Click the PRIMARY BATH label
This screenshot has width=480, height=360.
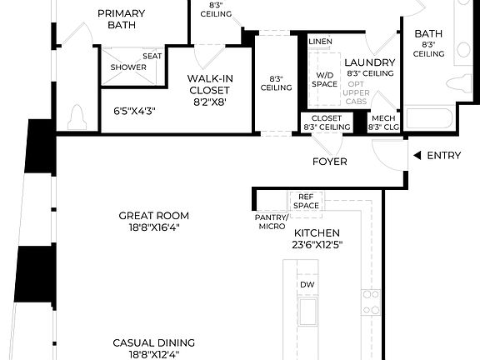point(121,19)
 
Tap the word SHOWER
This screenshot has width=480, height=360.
point(128,67)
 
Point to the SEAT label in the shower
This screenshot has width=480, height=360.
point(152,56)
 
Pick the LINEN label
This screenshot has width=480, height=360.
point(320,42)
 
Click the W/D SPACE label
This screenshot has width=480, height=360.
point(324,78)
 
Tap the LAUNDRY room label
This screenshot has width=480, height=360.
point(368,63)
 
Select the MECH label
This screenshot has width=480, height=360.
point(383,118)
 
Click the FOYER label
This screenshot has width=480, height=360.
point(329,161)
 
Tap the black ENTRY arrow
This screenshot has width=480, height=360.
point(416,155)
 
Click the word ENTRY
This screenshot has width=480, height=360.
point(444,155)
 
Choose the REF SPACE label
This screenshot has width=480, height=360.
point(306,201)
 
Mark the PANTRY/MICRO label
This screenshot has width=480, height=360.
point(271,222)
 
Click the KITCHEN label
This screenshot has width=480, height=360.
point(317,233)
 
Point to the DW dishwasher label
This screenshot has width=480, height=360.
point(307,285)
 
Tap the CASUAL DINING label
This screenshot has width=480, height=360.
point(154,347)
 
